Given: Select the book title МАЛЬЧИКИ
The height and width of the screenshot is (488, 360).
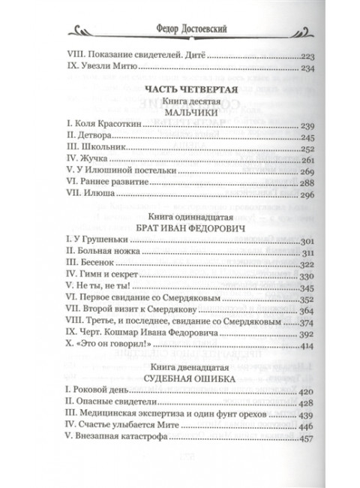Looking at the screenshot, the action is click(179, 114).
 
